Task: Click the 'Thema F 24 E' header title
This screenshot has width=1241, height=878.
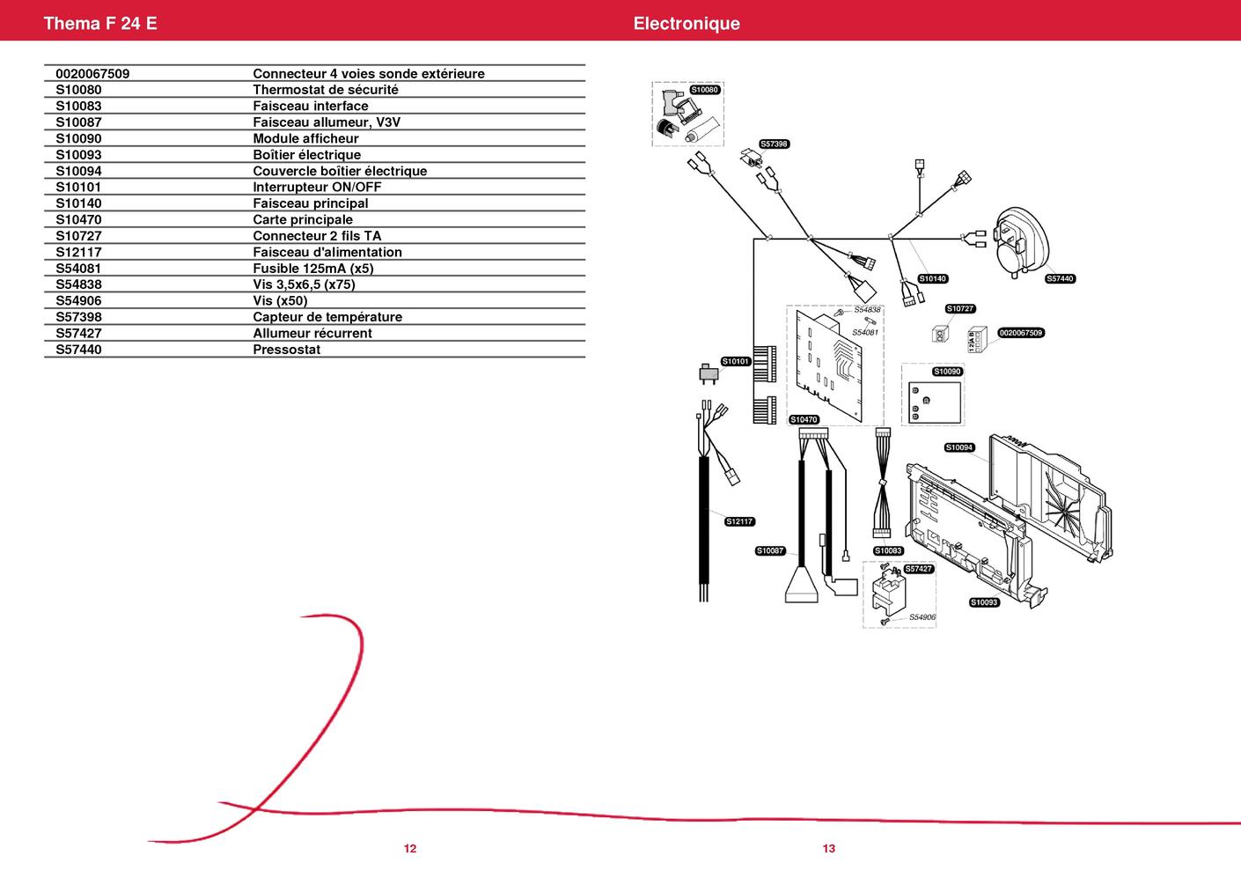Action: (100, 23)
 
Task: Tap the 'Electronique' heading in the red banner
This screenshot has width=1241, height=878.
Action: (687, 23)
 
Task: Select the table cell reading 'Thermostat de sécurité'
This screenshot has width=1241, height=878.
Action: (325, 90)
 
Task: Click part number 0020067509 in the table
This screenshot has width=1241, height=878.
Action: (92, 74)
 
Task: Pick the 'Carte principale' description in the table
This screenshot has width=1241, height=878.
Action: (303, 219)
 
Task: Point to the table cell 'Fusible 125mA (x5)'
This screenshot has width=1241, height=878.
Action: (313, 269)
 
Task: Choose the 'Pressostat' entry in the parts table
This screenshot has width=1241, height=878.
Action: (286, 350)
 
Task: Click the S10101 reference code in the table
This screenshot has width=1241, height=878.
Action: (78, 188)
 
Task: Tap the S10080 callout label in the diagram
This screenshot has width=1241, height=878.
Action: (704, 90)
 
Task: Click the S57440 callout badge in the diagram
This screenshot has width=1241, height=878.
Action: (1060, 279)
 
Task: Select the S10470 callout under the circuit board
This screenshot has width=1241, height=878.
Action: (804, 419)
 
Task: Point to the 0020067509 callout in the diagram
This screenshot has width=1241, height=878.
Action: (1020, 333)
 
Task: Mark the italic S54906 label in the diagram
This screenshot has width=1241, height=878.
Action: (922, 617)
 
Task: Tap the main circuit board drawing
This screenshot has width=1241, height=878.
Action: (829, 365)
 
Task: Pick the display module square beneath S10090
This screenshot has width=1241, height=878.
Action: (935, 403)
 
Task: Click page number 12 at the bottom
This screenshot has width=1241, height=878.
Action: (410, 849)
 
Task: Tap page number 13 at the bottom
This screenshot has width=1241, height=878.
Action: (829, 849)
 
